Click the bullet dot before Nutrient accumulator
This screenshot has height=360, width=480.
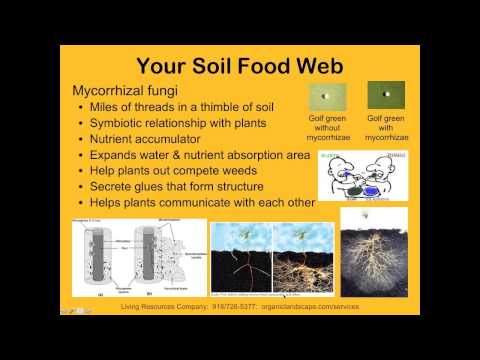click(x=80, y=140)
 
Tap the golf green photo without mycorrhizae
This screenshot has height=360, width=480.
click(x=328, y=96)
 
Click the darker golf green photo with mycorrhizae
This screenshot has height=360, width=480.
click(x=385, y=96)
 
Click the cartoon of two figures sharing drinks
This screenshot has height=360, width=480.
click(x=362, y=176)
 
